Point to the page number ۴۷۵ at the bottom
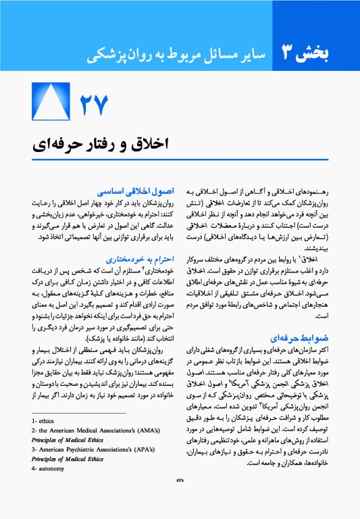[x=180, y=497]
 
